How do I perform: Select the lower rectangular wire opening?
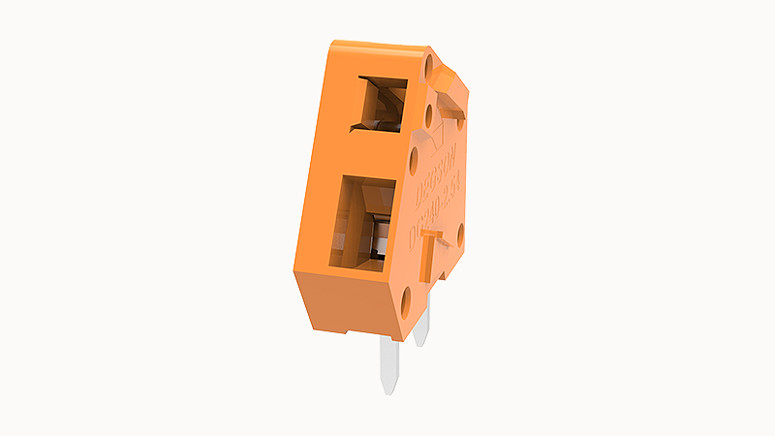(x=362, y=220)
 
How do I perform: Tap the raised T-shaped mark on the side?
(x=433, y=248)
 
